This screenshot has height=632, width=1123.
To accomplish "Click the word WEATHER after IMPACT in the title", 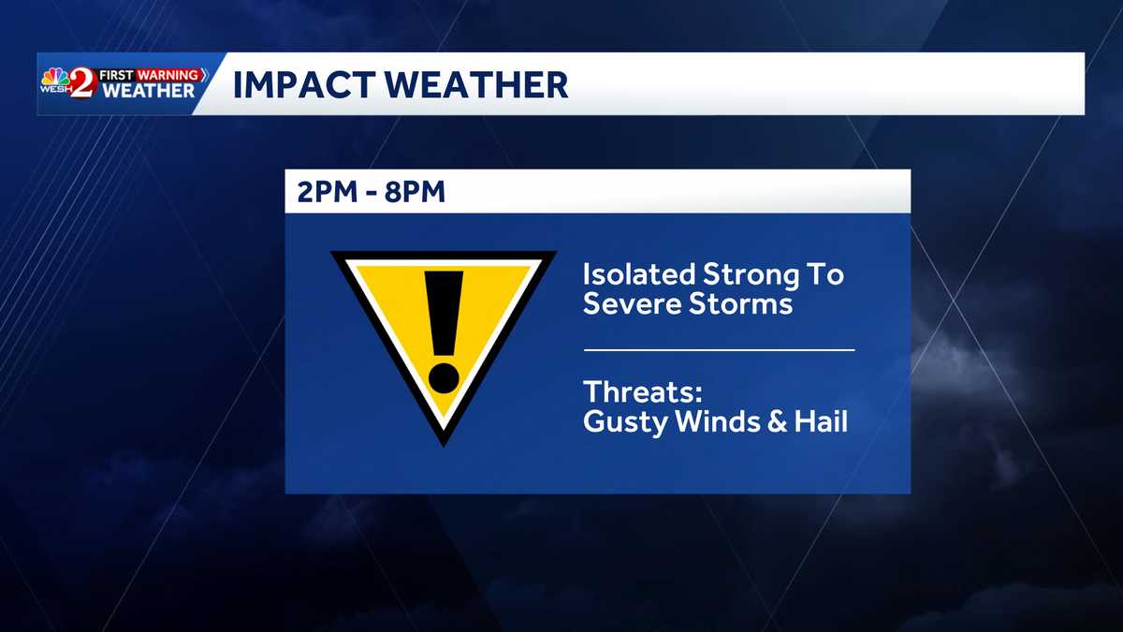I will (x=480, y=85).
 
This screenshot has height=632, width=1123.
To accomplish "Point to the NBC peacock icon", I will (x=52, y=76).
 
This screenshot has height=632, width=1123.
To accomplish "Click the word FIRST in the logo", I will (x=119, y=74).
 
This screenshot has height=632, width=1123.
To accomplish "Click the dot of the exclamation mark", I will (x=445, y=376).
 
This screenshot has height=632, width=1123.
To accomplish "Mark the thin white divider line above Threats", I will (x=719, y=349).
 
